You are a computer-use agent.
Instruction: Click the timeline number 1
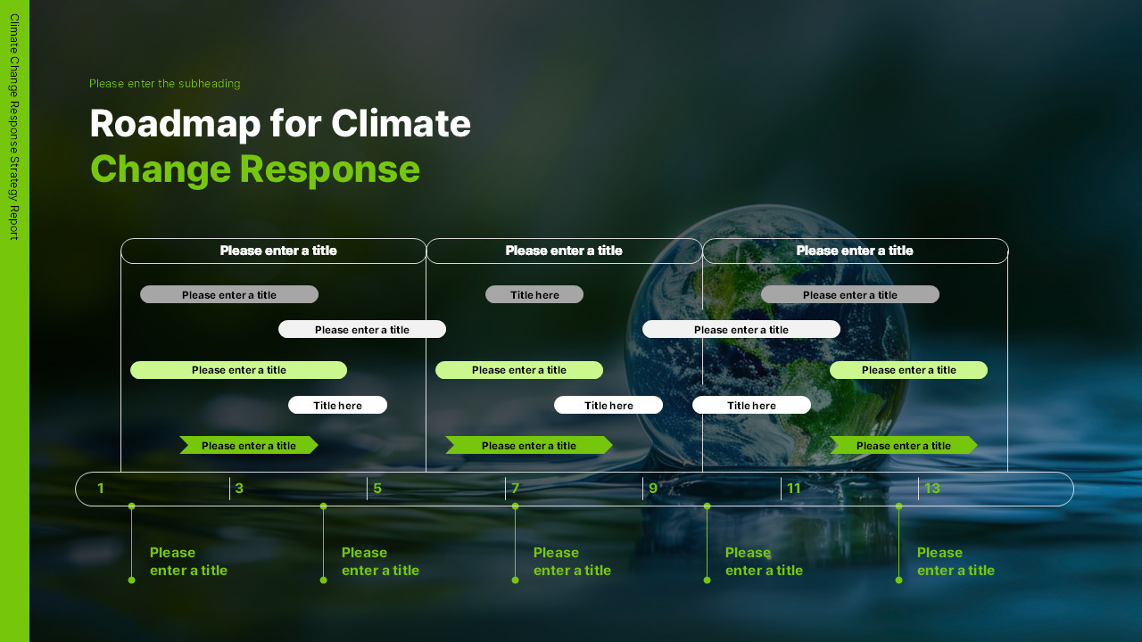[101, 488]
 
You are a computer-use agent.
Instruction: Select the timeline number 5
[377, 488]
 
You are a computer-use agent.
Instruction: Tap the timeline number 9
[653, 488]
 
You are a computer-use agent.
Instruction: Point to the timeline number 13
[932, 488]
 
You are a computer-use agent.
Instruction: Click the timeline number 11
[794, 488]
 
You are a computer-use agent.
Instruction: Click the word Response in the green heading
[330, 169]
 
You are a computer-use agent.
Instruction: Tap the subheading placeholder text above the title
[165, 84]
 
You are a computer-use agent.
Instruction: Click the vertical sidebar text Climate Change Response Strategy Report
[14, 127]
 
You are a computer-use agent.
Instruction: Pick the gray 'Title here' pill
[534, 294]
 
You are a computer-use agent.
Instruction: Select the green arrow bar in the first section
[249, 445]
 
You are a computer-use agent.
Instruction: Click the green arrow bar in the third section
[904, 445]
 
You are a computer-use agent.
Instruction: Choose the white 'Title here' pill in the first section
[337, 405]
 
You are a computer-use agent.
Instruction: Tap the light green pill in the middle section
[519, 370]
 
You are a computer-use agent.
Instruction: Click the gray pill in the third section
[850, 294]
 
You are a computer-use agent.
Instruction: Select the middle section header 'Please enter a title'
[564, 251]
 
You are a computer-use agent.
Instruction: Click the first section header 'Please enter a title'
[278, 251]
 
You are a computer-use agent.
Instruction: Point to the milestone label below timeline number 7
[572, 562]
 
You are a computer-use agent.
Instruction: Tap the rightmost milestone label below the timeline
[956, 562]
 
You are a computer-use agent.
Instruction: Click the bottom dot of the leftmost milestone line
[131, 580]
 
